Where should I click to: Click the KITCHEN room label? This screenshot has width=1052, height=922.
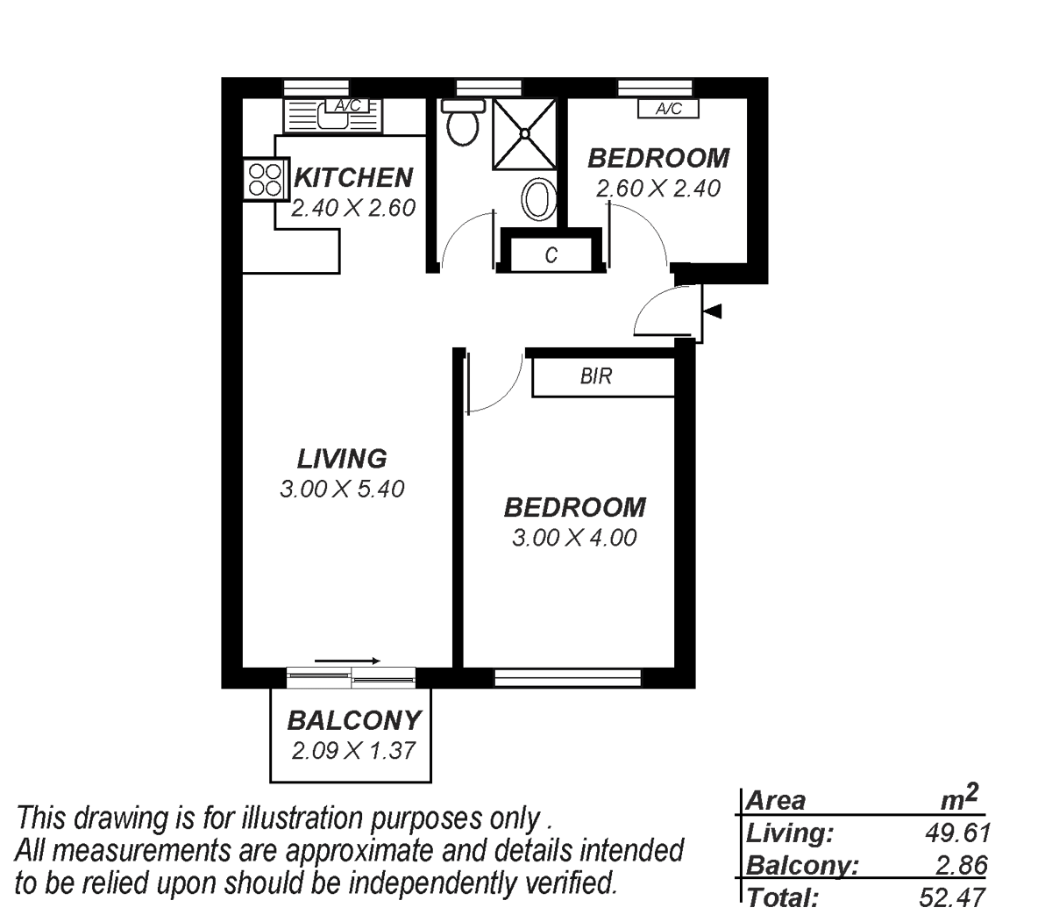point(353,177)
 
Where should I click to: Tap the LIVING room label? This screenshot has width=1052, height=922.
point(342,459)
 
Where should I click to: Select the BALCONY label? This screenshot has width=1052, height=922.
point(354,720)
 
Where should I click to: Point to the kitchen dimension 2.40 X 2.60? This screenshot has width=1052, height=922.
point(353,208)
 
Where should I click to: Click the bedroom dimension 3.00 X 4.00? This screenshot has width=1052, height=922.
point(574,538)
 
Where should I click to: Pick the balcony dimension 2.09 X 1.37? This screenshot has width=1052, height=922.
point(353,751)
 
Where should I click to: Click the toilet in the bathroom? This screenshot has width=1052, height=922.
point(463,123)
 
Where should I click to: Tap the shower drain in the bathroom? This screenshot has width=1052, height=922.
point(524,133)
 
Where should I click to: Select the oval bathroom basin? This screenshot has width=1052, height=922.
point(539,200)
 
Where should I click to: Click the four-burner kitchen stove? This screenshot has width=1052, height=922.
point(265,179)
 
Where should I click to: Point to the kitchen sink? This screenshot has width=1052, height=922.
point(332,117)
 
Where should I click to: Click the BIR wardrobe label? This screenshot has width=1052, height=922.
point(596,376)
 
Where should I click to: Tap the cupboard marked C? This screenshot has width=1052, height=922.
point(551,254)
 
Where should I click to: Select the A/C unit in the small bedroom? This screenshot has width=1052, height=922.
point(668,109)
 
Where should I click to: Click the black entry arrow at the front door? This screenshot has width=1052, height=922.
point(712,311)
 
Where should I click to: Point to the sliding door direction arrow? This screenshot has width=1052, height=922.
point(347,661)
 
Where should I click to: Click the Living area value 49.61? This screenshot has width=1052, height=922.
point(957,833)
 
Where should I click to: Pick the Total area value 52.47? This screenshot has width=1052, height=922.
point(952,897)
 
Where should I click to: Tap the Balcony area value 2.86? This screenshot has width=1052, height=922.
point(961,865)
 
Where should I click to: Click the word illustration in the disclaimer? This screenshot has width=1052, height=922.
point(302,818)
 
